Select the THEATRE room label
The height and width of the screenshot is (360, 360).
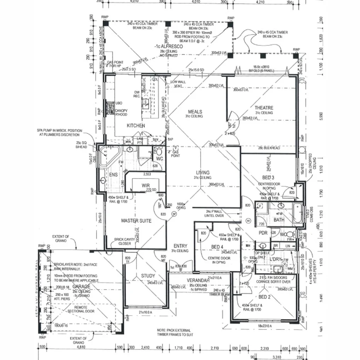coord(264,108)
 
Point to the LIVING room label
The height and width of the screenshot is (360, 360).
coord(202,173)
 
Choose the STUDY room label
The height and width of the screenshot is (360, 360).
coord(148,275)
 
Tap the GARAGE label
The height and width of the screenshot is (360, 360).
coord(81,287)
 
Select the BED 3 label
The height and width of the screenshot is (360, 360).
coord(268,177)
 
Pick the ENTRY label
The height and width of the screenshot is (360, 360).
coord(180,246)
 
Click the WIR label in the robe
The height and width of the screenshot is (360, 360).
coord(145,185)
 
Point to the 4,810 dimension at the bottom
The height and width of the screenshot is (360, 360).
coord(81,347)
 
